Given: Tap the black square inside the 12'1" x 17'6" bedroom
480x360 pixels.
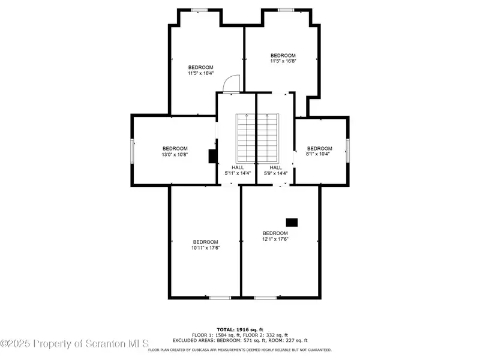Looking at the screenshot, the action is pos(292,223).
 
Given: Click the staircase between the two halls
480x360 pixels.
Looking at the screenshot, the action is pos(257,139).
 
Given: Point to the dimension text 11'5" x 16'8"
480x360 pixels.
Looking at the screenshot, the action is pos(283,61).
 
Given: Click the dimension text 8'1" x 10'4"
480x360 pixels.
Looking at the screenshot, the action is pos(318,154).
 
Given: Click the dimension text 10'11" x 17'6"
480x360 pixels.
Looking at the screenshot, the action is pos(206,248).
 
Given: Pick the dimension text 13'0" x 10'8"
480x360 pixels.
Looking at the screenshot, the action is pos(175,155).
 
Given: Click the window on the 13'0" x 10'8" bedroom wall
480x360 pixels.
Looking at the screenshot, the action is pos(133,151).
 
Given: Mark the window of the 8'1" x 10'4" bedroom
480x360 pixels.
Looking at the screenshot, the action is pos(348,151).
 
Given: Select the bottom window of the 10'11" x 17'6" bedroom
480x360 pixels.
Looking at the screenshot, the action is pos(220,298).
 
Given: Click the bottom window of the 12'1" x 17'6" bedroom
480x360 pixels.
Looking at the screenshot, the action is pos(265,298).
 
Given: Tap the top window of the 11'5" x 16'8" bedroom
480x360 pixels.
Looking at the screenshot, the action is pos(286,10).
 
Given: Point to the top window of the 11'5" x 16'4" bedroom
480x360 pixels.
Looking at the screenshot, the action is pos(199,10).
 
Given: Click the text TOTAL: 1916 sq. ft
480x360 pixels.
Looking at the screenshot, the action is pos(240,329).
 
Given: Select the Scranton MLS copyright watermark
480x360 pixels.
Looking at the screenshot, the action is pos(74,344).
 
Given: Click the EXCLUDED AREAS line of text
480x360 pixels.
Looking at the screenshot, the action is pos(240,340).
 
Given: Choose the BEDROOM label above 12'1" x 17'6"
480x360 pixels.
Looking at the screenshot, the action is pos(275,233).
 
